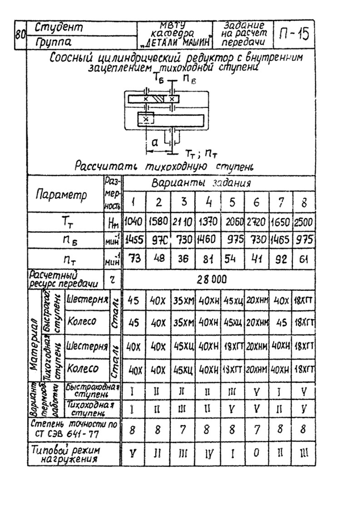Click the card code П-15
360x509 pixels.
point(294,35)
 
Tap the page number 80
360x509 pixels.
point(20,35)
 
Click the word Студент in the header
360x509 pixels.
point(58,27)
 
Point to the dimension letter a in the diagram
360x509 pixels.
point(154,144)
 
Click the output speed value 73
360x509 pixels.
point(133,258)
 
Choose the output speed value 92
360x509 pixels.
point(280,258)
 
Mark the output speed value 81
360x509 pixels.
point(207,258)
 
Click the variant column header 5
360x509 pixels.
point(232,202)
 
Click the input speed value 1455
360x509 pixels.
point(133,240)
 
